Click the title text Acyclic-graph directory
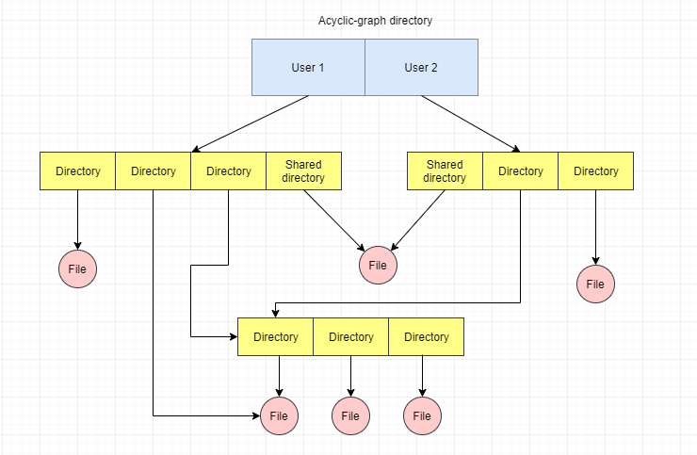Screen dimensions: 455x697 375,21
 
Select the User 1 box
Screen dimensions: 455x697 308,67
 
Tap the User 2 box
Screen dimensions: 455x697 421,67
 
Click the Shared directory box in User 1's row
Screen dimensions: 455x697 303,171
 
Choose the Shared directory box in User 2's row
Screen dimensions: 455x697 445,171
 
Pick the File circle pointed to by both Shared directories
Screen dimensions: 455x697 378,266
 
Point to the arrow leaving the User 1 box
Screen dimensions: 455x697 251,123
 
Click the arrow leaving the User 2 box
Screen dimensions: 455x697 469,123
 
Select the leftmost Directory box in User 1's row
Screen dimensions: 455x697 78,171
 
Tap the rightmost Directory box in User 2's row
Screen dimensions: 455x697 595,171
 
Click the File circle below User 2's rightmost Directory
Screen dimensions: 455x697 595,284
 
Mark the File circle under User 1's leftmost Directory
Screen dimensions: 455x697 78,269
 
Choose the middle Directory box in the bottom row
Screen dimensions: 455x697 350,337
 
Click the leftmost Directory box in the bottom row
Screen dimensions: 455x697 275,337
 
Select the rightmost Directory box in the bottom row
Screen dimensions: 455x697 426,337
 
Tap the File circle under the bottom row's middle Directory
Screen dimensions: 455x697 349,415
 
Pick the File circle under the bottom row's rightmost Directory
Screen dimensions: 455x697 423,415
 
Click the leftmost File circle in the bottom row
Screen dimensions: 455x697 279,415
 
